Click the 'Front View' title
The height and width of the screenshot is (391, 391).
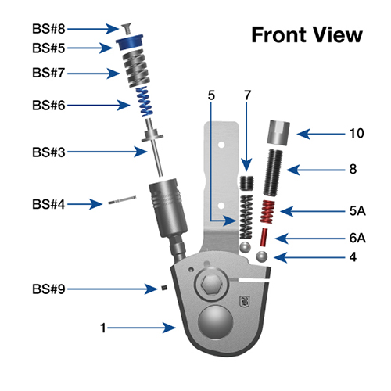pyautogui.click(x=306, y=35)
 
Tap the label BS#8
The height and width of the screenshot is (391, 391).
pyautogui.click(x=48, y=28)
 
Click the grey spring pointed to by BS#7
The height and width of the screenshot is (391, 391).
pyautogui.click(x=132, y=72)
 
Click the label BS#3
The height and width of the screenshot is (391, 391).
pyautogui.click(x=48, y=151)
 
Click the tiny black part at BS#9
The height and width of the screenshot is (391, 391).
pyautogui.click(x=167, y=289)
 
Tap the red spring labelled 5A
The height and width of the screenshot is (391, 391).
pyautogui.click(x=267, y=210)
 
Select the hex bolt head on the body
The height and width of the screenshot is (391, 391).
pyautogui.click(x=211, y=285)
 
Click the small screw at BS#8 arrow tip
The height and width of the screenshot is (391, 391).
pyautogui.click(x=127, y=29)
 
